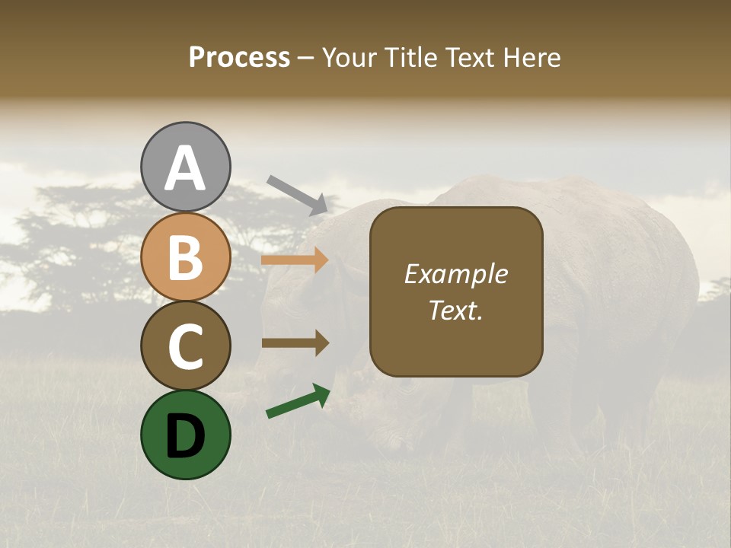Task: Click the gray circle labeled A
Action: point(185,167)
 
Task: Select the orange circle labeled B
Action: point(185,256)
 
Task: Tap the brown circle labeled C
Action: point(185,346)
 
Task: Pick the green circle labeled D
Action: point(185,435)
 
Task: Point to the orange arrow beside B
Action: point(295,260)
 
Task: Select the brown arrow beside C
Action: point(295,343)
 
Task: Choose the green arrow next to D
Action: point(298,401)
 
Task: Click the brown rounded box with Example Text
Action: point(456,292)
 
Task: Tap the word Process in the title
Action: point(239,58)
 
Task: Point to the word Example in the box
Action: point(455,274)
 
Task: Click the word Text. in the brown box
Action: point(455,310)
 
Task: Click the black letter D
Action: point(185,436)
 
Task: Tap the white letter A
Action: point(185,168)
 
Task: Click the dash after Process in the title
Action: point(305,59)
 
